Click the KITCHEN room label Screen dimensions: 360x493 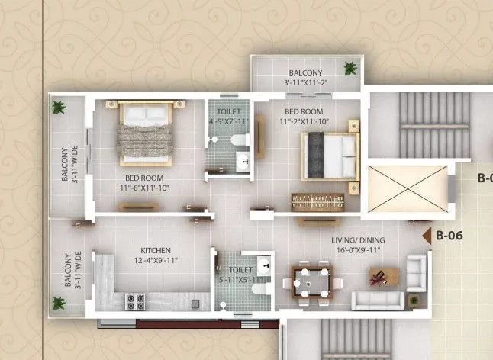pos(155,250)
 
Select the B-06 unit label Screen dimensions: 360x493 pos(449,236)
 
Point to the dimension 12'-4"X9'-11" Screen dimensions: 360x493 pos(155,261)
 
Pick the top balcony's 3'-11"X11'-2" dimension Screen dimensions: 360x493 pos(305,82)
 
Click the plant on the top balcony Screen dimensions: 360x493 pos(350,67)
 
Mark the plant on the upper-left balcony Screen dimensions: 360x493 pos(58,107)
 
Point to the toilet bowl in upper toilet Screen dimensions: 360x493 pos(239,141)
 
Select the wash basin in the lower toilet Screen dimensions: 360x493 pos(264,265)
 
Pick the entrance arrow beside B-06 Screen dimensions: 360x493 pos(426,236)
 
